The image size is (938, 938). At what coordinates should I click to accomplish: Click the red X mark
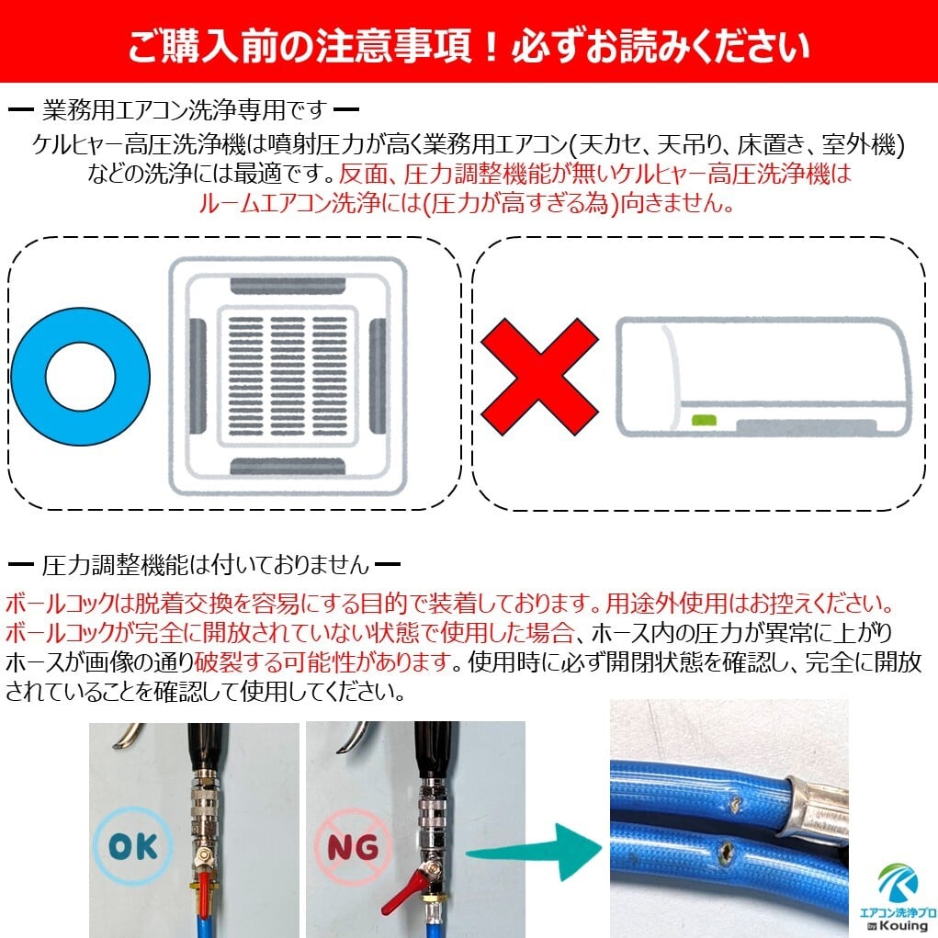(539, 377)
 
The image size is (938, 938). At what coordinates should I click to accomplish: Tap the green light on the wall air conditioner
(704, 420)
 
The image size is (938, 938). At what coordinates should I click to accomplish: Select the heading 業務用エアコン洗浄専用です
(184, 112)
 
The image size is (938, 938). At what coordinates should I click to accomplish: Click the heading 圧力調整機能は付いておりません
(206, 564)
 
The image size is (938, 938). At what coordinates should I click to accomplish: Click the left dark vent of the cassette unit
(198, 378)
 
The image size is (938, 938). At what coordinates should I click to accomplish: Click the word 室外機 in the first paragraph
(872, 144)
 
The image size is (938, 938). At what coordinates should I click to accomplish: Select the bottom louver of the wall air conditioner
(806, 427)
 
